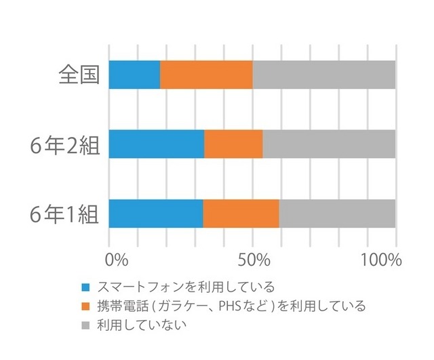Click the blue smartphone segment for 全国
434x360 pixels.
[134, 75]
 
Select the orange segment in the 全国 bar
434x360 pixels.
[206, 75]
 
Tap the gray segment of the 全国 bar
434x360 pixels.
[323, 75]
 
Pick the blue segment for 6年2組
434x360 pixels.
[156, 144]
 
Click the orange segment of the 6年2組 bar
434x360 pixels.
[233, 144]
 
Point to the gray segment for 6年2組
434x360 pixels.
[329, 144]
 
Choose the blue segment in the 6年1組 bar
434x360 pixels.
[155, 214]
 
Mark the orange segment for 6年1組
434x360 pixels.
[241, 214]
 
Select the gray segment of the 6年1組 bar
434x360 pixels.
[337, 214]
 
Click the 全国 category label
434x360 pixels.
[79, 75]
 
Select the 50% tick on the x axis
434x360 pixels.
[254, 260]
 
